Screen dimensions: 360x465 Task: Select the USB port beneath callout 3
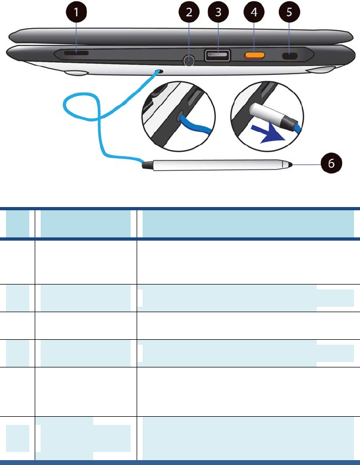[217, 55]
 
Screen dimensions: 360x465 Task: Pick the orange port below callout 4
[255, 55]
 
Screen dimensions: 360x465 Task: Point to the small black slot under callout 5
[292, 56]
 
